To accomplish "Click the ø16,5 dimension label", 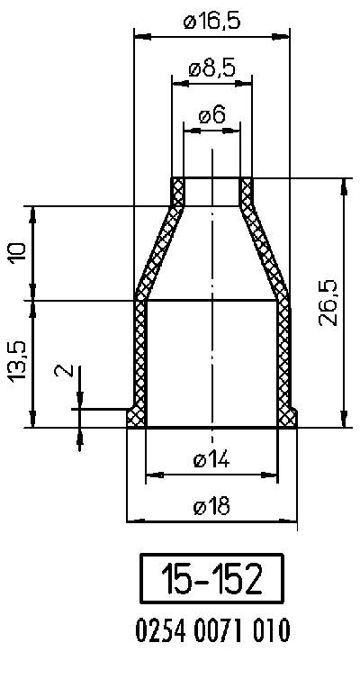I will click(211, 22).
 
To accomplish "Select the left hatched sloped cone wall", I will click(158, 251).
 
